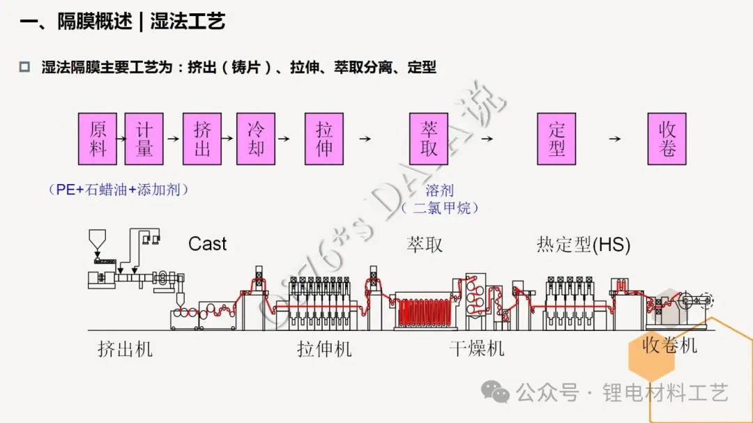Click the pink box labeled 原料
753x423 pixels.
[x=98, y=139]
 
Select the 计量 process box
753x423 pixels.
[x=144, y=139]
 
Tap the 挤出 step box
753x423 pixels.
[x=202, y=139]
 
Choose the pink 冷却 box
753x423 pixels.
[x=256, y=139]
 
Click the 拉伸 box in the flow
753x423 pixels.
[x=324, y=139]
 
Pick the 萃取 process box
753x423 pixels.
[x=429, y=139]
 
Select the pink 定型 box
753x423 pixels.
[x=556, y=139]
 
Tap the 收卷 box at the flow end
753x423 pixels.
[x=667, y=139]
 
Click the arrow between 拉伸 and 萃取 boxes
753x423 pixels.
[x=365, y=139]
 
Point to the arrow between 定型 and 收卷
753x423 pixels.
[x=615, y=139]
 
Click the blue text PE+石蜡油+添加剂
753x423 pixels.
[x=119, y=190]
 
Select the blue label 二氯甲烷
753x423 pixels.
[x=442, y=208]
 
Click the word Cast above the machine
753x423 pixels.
[x=208, y=244]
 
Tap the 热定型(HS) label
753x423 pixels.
[x=584, y=245]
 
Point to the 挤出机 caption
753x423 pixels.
[x=125, y=349]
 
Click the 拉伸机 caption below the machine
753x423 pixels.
[x=325, y=349]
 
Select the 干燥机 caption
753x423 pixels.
[x=477, y=348]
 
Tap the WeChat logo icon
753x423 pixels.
[x=495, y=392]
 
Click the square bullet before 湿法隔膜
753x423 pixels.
[x=24, y=67]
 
